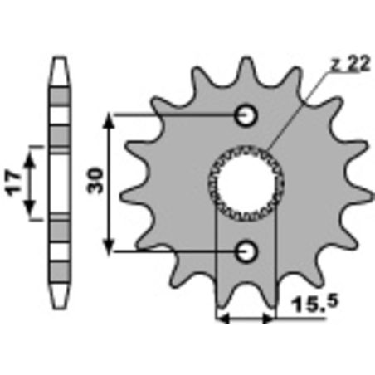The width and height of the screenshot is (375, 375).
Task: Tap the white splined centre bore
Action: click(246, 183)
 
